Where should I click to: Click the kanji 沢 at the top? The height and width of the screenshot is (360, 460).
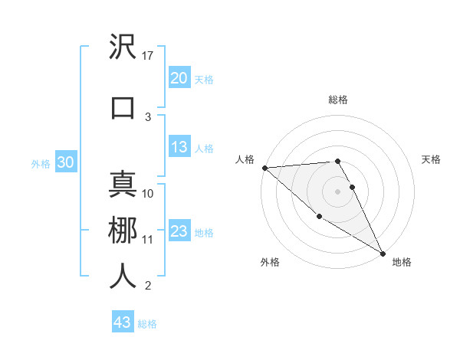[123, 47]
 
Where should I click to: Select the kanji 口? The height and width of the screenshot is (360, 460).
[123, 108]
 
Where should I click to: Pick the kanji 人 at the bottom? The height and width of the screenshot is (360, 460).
[123, 276]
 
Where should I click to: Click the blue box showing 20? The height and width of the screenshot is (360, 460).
[179, 78]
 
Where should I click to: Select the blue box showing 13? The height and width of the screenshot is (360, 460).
[179, 148]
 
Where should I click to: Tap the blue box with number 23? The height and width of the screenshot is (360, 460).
[179, 232]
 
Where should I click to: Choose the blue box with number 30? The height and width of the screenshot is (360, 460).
[65, 163]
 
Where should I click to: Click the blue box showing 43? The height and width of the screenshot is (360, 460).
[122, 322]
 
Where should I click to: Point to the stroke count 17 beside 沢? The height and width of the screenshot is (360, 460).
[148, 55]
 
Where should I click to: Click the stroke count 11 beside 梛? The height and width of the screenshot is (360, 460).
[148, 240]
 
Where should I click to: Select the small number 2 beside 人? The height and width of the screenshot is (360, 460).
[148, 286]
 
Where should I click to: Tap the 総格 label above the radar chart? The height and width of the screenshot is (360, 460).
[337, 100]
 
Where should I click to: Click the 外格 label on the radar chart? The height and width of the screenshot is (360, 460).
[270, 262]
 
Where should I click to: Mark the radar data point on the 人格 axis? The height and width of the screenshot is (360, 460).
[264, 168]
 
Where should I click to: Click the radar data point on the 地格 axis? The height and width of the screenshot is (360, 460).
[383, 252]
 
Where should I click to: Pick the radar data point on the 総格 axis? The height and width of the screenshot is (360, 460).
[337, 161]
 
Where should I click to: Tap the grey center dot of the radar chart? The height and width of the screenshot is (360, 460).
[337, 191]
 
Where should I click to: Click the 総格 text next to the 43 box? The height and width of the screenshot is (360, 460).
[147, 324]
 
